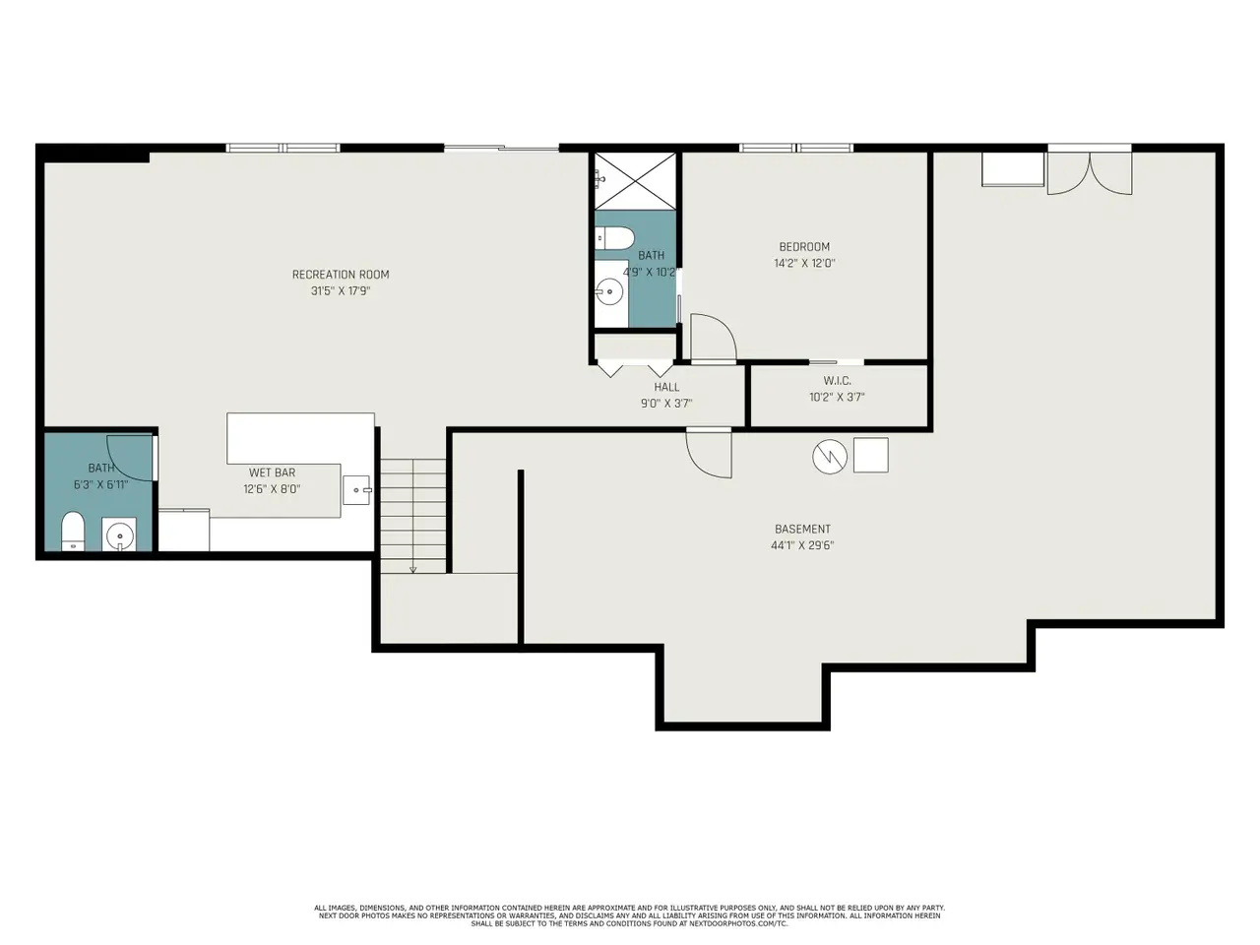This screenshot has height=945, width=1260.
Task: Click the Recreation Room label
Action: (341, 275)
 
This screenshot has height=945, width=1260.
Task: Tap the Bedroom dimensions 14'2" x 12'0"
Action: (804, 264)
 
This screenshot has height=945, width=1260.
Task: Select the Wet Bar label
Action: (272, 472)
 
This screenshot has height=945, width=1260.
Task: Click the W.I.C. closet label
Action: (837, 380)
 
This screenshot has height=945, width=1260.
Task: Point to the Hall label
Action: (666, 387)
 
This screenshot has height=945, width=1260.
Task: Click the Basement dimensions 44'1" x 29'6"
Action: (802, 545)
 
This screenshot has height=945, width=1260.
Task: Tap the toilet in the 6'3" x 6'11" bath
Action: (73, 532)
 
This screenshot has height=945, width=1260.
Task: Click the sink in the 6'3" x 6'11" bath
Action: (119, 535)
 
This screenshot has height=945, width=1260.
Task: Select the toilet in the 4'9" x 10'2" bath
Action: (613, 237)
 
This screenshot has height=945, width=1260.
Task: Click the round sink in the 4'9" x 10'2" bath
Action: (608, 292)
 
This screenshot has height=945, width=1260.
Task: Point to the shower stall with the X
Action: (635, 181)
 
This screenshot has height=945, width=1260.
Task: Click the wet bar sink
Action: (356, 490)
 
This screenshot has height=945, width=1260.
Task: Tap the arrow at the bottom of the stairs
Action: (412, 569)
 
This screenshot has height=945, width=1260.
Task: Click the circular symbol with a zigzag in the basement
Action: (830, 457)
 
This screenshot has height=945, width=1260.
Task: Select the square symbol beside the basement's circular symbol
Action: (871, 455)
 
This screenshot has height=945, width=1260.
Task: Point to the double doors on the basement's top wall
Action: (1090, 170)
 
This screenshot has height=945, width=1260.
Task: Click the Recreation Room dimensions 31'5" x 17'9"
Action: (341, 291)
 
